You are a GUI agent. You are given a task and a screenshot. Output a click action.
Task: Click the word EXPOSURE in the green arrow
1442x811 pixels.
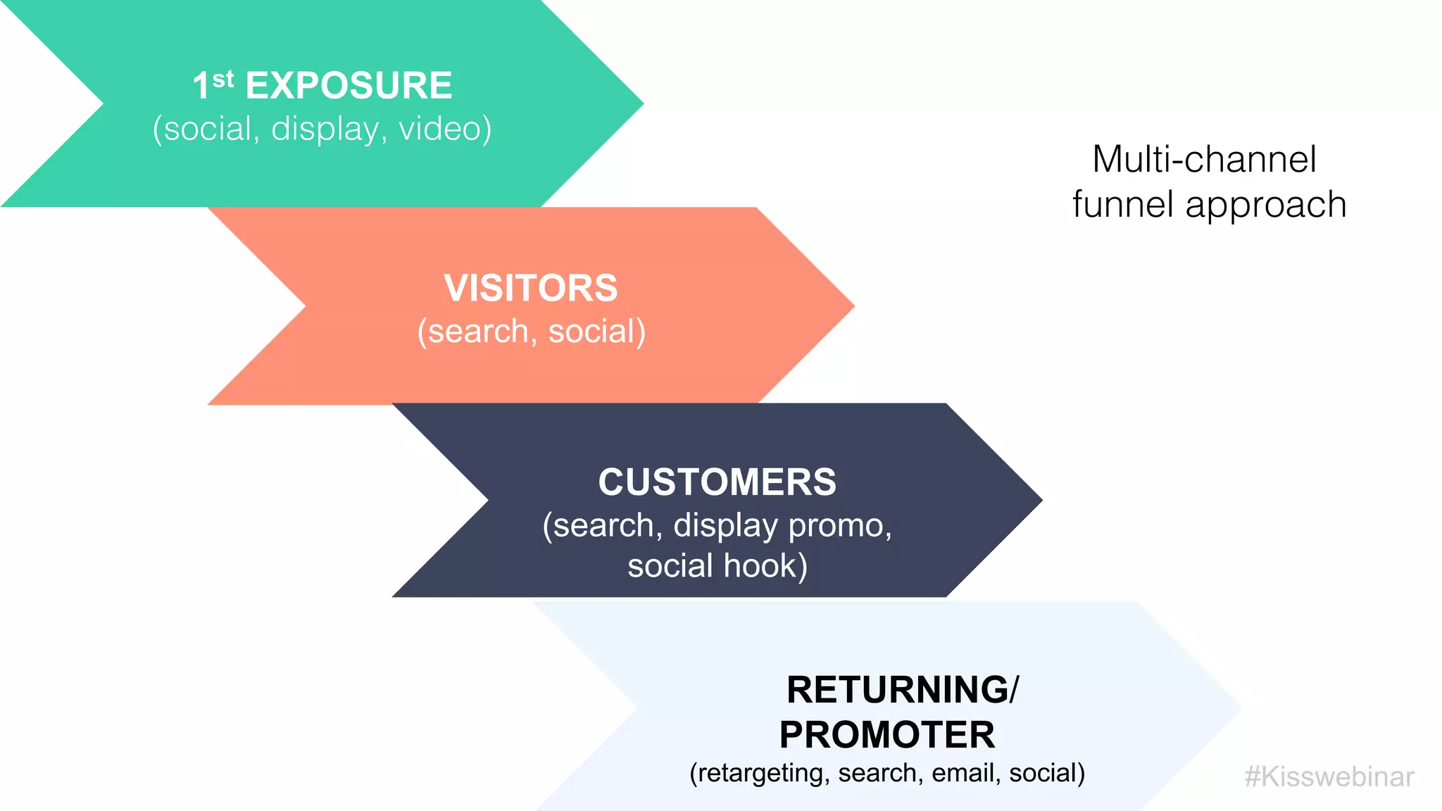coord(349,86)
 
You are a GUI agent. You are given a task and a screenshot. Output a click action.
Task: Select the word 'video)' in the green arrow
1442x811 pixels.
coord(445,129)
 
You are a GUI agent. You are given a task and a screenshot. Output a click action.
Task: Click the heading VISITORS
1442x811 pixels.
coord(530,288)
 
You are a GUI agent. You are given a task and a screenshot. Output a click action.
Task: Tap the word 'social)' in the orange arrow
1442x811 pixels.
coord(596,332)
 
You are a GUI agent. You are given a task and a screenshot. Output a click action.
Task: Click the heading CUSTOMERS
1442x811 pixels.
coord(717,482)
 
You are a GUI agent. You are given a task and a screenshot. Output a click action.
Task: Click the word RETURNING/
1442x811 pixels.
coord(902,689)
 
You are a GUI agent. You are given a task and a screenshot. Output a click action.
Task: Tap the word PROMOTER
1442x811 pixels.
coord(886,735)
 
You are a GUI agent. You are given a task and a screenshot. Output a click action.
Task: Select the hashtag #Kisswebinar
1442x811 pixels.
coord(1329,777)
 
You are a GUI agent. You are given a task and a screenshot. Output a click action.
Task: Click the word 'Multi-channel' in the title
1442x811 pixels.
coord(1204,159)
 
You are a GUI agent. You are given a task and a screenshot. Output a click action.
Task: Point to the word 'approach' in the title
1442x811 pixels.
coord(1265,206)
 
